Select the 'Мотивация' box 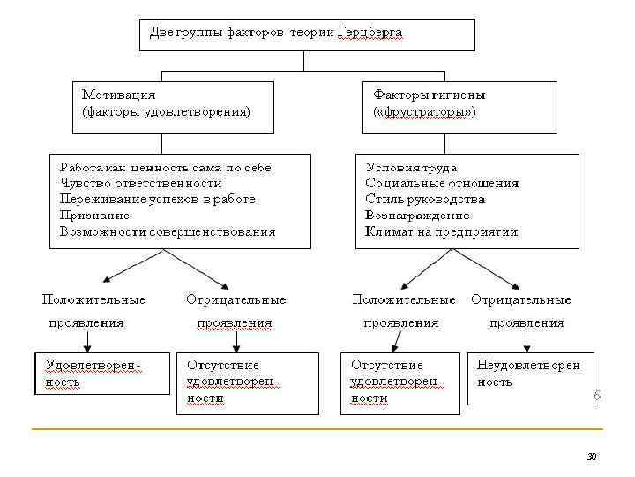(172, 106)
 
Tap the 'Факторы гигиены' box (459, 106)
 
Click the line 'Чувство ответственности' (140, 183)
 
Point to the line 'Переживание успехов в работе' (157, 199)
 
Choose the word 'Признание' (94, 215)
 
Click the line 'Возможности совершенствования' (168, 231)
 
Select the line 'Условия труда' (411, 167)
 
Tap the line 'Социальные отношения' (442, 183)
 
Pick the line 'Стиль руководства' (425, 199)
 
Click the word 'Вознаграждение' (417, 215)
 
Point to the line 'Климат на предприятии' (441, 231)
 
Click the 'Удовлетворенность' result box (101, 373)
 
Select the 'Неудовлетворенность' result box (529, 378)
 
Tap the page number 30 (592, 456)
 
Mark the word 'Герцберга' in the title (371, 33)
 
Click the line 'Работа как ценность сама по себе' (165, 167)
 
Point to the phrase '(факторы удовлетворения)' (166, 112)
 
